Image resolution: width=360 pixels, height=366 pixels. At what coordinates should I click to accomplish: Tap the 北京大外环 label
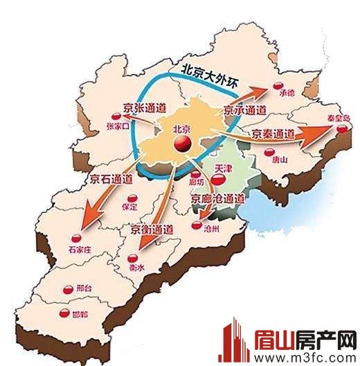[208, 76]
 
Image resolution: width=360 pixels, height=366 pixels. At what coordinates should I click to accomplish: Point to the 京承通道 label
[245, 109]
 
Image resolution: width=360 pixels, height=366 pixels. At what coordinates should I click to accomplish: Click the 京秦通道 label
[274, 133]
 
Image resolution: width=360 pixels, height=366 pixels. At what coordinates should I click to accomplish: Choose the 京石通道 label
[111, 179]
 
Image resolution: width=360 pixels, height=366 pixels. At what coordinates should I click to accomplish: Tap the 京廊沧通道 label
[219, 199]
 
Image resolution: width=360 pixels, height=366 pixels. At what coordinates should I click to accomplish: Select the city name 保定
[129, 206]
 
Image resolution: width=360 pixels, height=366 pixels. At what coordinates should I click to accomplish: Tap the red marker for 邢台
[67, 289]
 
